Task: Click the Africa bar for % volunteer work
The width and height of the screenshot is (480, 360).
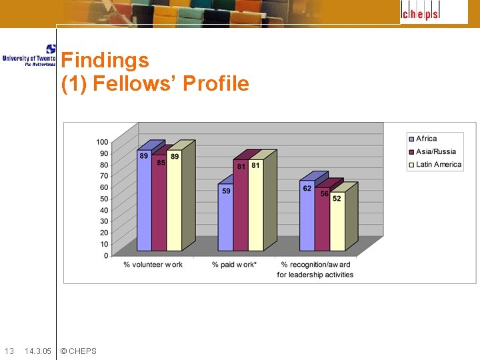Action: [144, 200]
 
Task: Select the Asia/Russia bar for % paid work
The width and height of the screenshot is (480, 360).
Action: [241, 207]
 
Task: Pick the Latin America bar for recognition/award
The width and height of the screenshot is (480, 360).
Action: [337, 223]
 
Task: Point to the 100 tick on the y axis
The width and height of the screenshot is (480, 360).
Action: [102, 142]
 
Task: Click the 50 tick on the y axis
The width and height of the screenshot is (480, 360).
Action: [104, 199]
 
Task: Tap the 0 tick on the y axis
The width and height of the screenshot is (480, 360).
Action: [105, 255]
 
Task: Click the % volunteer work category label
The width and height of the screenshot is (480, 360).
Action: [153, 265]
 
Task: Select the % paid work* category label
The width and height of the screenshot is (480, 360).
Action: [235, 265]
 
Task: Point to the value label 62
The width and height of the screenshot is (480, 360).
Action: [307, 189]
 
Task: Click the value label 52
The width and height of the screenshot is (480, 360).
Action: [337, 199]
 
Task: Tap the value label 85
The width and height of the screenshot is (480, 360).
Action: [161, 163]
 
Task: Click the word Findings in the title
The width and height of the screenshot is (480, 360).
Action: [105, 61]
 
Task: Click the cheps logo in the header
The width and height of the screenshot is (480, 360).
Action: [420, 12]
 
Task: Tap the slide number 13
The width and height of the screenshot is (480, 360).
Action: [9, 351]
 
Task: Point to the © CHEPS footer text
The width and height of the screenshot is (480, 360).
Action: [78, 351]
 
